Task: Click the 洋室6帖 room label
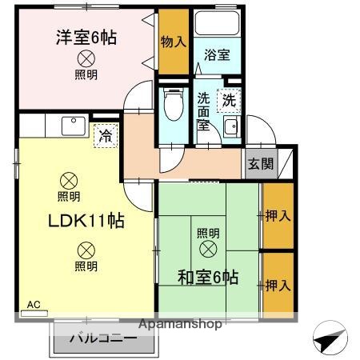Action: (x=86, y=37)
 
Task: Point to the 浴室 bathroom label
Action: (x=216, y=55)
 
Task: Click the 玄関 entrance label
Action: (x=259, y=165)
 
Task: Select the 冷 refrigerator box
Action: (x=105, y=136)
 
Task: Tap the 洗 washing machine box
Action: (x=229, y=102)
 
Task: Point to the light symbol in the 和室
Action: (x=207, y=249)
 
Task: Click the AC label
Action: (x=34, y=305)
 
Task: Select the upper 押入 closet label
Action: (x=278, y=215)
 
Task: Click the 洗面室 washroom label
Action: (x=204, y=112)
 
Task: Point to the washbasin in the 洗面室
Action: (x=231, y=128)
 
